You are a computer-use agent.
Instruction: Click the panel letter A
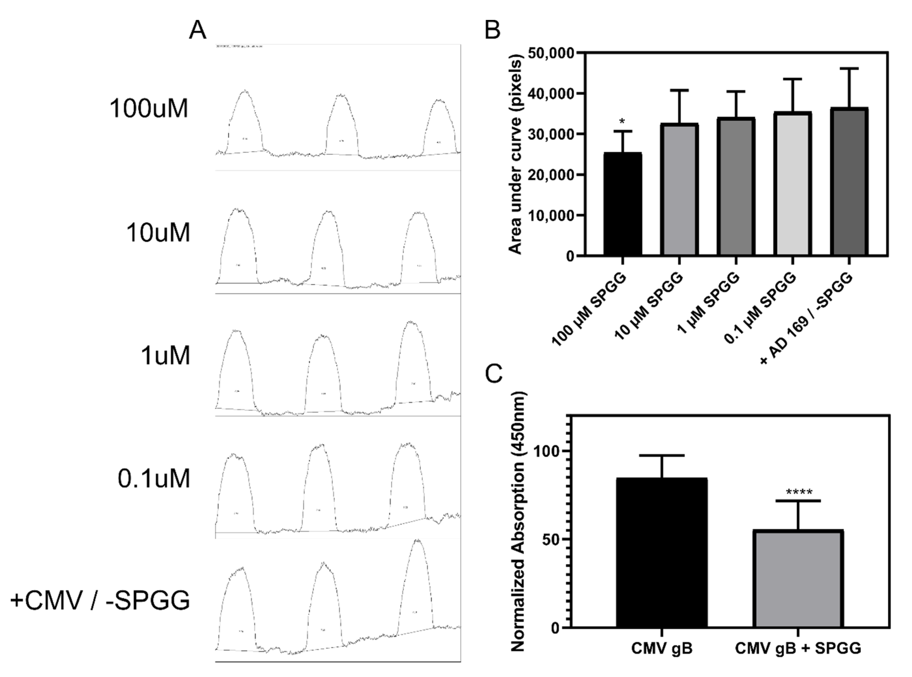(198, 31)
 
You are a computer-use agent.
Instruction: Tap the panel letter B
(492, 31)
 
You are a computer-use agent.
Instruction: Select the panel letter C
(494, 374)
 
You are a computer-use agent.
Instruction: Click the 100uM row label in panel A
(148, 109)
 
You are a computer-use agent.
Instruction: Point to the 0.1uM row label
(154, 478)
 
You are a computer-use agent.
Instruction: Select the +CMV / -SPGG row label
(100, 601)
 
